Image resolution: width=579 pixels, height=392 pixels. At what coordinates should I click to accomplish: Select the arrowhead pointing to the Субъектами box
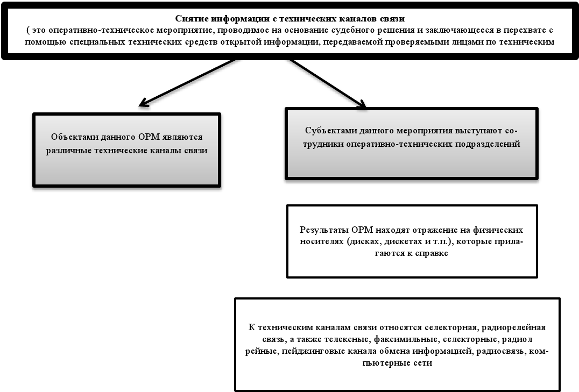[362, 104]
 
